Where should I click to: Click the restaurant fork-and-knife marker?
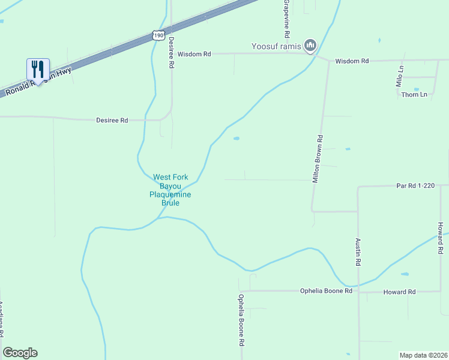click(x=38, y=70)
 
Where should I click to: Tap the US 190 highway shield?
click(x=158, y=35)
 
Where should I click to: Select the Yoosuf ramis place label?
click(x=276, y=46)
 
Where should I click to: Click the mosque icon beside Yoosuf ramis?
click(x=310, y=45)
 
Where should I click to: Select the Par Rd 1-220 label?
click(x=415, y=186)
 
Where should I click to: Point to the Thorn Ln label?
click(x=414, y=95)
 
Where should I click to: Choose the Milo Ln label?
click(x=399, y=77)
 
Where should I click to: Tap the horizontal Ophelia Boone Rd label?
click(x=326, y=291)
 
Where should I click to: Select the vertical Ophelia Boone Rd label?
click(x=241, y=319)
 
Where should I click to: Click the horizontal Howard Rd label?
click(x=400, y=292)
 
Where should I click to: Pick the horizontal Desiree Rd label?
click(x=112, y=120)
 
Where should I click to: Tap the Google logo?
click(x=20, y=353)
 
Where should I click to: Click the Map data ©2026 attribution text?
click(x=423, y=355)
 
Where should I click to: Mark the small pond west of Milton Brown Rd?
click(x=237, y=139)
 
